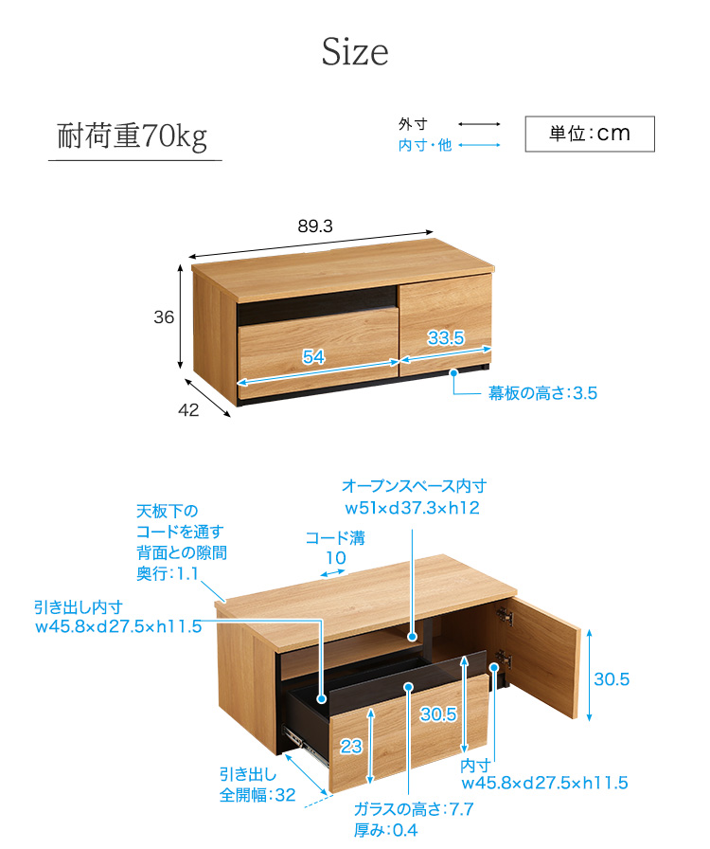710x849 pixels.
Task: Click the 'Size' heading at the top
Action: point(355,52)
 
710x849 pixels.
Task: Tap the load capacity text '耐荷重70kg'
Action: point(132,135)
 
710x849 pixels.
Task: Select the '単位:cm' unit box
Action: point(590,134)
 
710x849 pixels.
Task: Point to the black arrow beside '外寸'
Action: point(479,124)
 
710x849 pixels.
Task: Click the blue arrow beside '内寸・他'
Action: point(479,145)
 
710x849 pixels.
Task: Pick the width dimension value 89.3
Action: point(315,226)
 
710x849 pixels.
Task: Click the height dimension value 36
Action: point(164,316)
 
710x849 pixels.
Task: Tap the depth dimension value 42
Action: point(188,410)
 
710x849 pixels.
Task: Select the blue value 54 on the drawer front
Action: point(313,356)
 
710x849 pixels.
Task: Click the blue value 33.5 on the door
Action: point(446,338)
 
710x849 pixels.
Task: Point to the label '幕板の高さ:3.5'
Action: point(542,392)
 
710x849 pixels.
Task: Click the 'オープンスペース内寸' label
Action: point(414,486)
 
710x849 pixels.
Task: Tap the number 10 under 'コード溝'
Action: point(335,558)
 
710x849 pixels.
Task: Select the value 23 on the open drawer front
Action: point(350,747)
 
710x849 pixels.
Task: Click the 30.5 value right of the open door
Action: point(612,679)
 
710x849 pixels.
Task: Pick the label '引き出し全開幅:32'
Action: point(257,785)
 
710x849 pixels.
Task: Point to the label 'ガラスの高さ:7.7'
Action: point(414,809)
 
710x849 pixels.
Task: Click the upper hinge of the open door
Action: point(505,616)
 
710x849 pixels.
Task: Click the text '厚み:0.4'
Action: point(386,830)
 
